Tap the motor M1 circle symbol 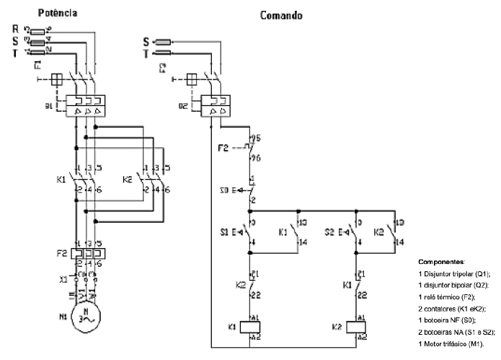click(x=87, y=318)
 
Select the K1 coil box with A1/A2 click(x=251, y=326)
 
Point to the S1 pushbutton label click(x=224, y=232)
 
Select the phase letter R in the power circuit click(x=15, y=28)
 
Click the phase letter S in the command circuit click(x=146, y=41)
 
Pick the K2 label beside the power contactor click(x=128, y=177)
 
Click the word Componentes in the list click(x=441, y=262)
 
